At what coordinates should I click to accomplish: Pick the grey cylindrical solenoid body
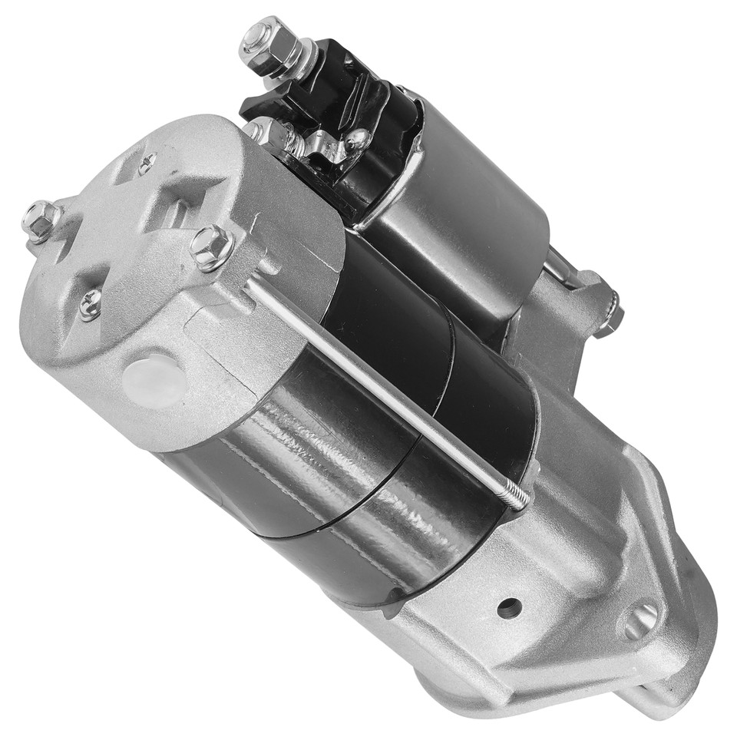[x=468, y=207]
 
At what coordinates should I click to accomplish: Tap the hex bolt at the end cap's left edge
[x=40, y=220]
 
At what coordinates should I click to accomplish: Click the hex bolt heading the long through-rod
[x=212, y=246]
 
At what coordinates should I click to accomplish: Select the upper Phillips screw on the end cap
[x=146, y=163]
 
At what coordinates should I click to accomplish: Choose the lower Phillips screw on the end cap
[x=90, y=304]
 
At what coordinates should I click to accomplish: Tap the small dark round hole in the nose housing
[x=509, y=608]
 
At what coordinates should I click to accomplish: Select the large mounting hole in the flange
[x=641, y=620]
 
